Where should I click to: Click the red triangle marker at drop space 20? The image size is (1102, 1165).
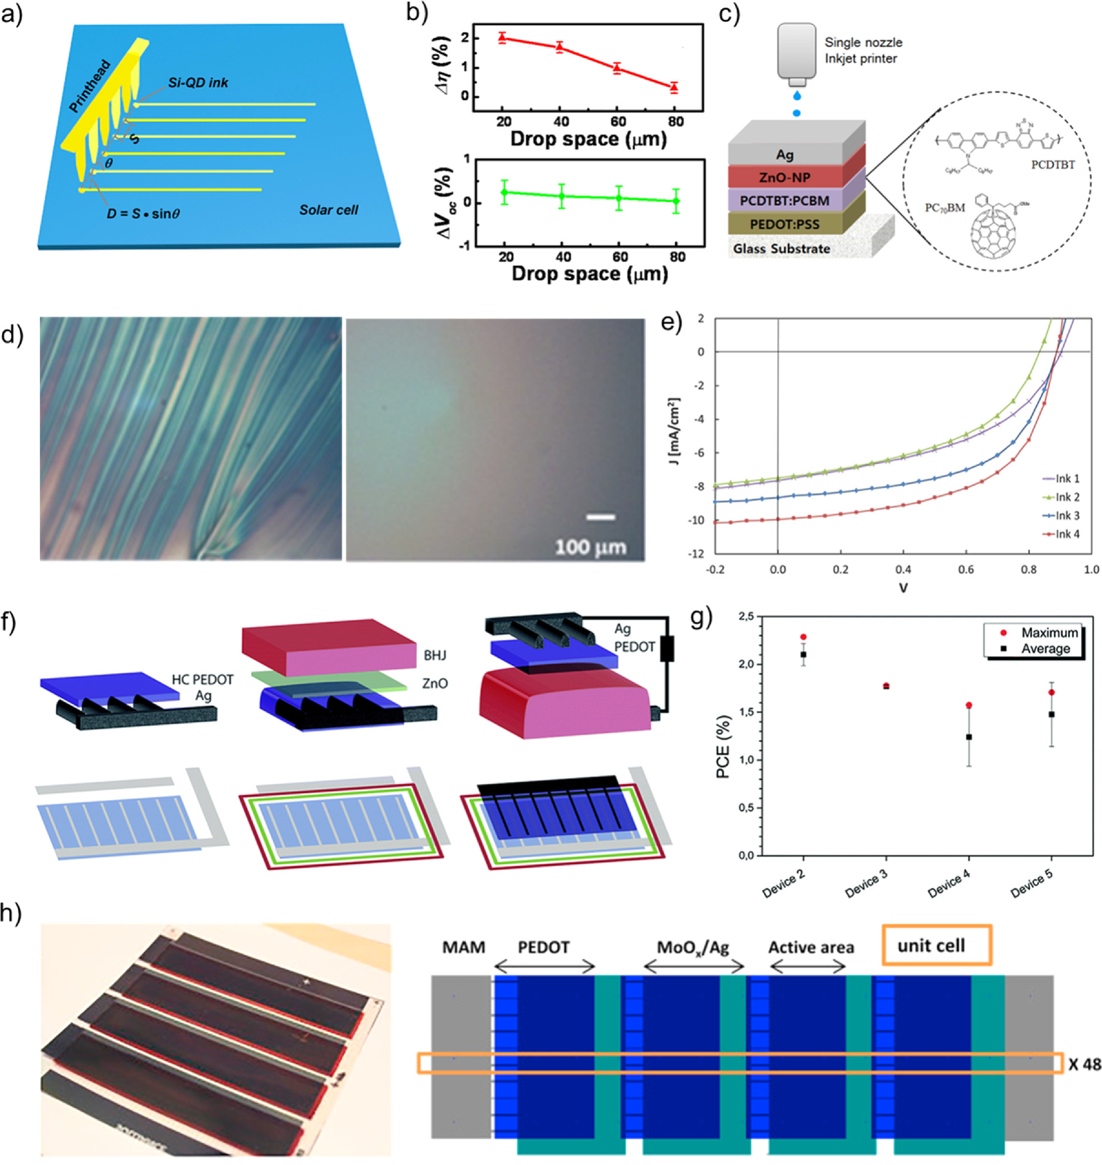tap(502, 38)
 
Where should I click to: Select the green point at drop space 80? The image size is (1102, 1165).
tap(676, 201)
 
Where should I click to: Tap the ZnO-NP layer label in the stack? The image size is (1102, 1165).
tap(784, 177)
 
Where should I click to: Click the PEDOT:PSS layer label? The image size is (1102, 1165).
tap(784, 224)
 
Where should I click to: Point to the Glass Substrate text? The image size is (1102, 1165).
tap(781, 249)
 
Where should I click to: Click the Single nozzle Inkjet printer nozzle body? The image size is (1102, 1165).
tap(797, 52)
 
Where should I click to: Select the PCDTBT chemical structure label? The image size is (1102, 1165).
tap(1052, 165)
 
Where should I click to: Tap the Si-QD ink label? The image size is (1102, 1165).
tap(198, 83)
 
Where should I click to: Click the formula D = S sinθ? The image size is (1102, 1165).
tap(143, 214)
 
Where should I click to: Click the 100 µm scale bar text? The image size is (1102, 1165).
tap(590, 547)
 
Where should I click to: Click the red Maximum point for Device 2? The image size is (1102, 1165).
tap(803, 637)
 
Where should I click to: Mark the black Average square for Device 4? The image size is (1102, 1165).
tap(968, 737)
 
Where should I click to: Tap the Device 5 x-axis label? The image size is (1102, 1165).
tap(1032, 884)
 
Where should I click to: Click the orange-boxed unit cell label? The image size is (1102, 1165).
tap(931, 945)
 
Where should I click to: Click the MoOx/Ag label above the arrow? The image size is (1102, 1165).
tap(692, 947)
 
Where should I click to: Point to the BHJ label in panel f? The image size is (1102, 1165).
tap(435, 655)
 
